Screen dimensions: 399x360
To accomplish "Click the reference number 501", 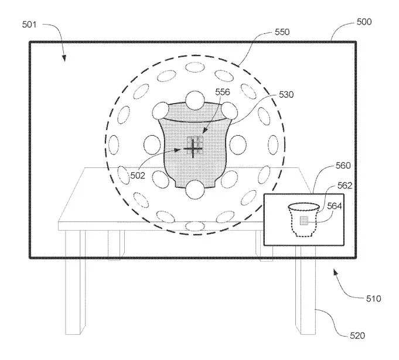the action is pyautogui.click(x=29, y=25).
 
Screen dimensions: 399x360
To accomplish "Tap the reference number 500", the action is pyautogui.click(x=364, y=22).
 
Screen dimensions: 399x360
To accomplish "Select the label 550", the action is pyautogui.click(x=282, y=32).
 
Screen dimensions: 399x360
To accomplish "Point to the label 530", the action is pyautogui.click(x=287, y=95).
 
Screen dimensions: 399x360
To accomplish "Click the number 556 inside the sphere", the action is pyautogui.click(x=223, y=92).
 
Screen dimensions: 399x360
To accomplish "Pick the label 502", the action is pyautogui.click(x=138, y=176).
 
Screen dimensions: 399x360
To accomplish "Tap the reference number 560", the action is pyautogui.click(x=343, y=166).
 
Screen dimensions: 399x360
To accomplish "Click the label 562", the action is pyautogui.click(x=345, y=186).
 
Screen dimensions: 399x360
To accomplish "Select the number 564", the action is pyautogui.click(x=335, y=206).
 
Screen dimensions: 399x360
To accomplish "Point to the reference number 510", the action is pyautogui.click(x=374, y=299).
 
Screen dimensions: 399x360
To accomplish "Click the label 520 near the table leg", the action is pyautogui.click(x=357, y=336).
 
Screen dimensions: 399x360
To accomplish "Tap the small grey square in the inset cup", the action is pyautogui.click(x=304, y=221).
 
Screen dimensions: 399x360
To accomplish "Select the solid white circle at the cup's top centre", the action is pyautogui.click(x=195, y=100).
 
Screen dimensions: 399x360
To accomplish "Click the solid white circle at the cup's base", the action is pyautogui.click(x=195, y=190).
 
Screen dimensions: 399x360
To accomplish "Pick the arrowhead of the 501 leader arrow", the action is pyautogui.click(x=64, y=58).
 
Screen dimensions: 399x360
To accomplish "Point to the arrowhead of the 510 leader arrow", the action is pyautogui.click(x=336, y=273).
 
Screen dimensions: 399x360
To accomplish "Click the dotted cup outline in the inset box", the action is pyautogui.click(x=291, y=221).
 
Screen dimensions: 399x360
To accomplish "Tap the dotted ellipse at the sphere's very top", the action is pyautogui.click(x=195, y=67).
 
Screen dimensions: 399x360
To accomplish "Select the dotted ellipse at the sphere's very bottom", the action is pyautogui.click(x=195, y=226).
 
